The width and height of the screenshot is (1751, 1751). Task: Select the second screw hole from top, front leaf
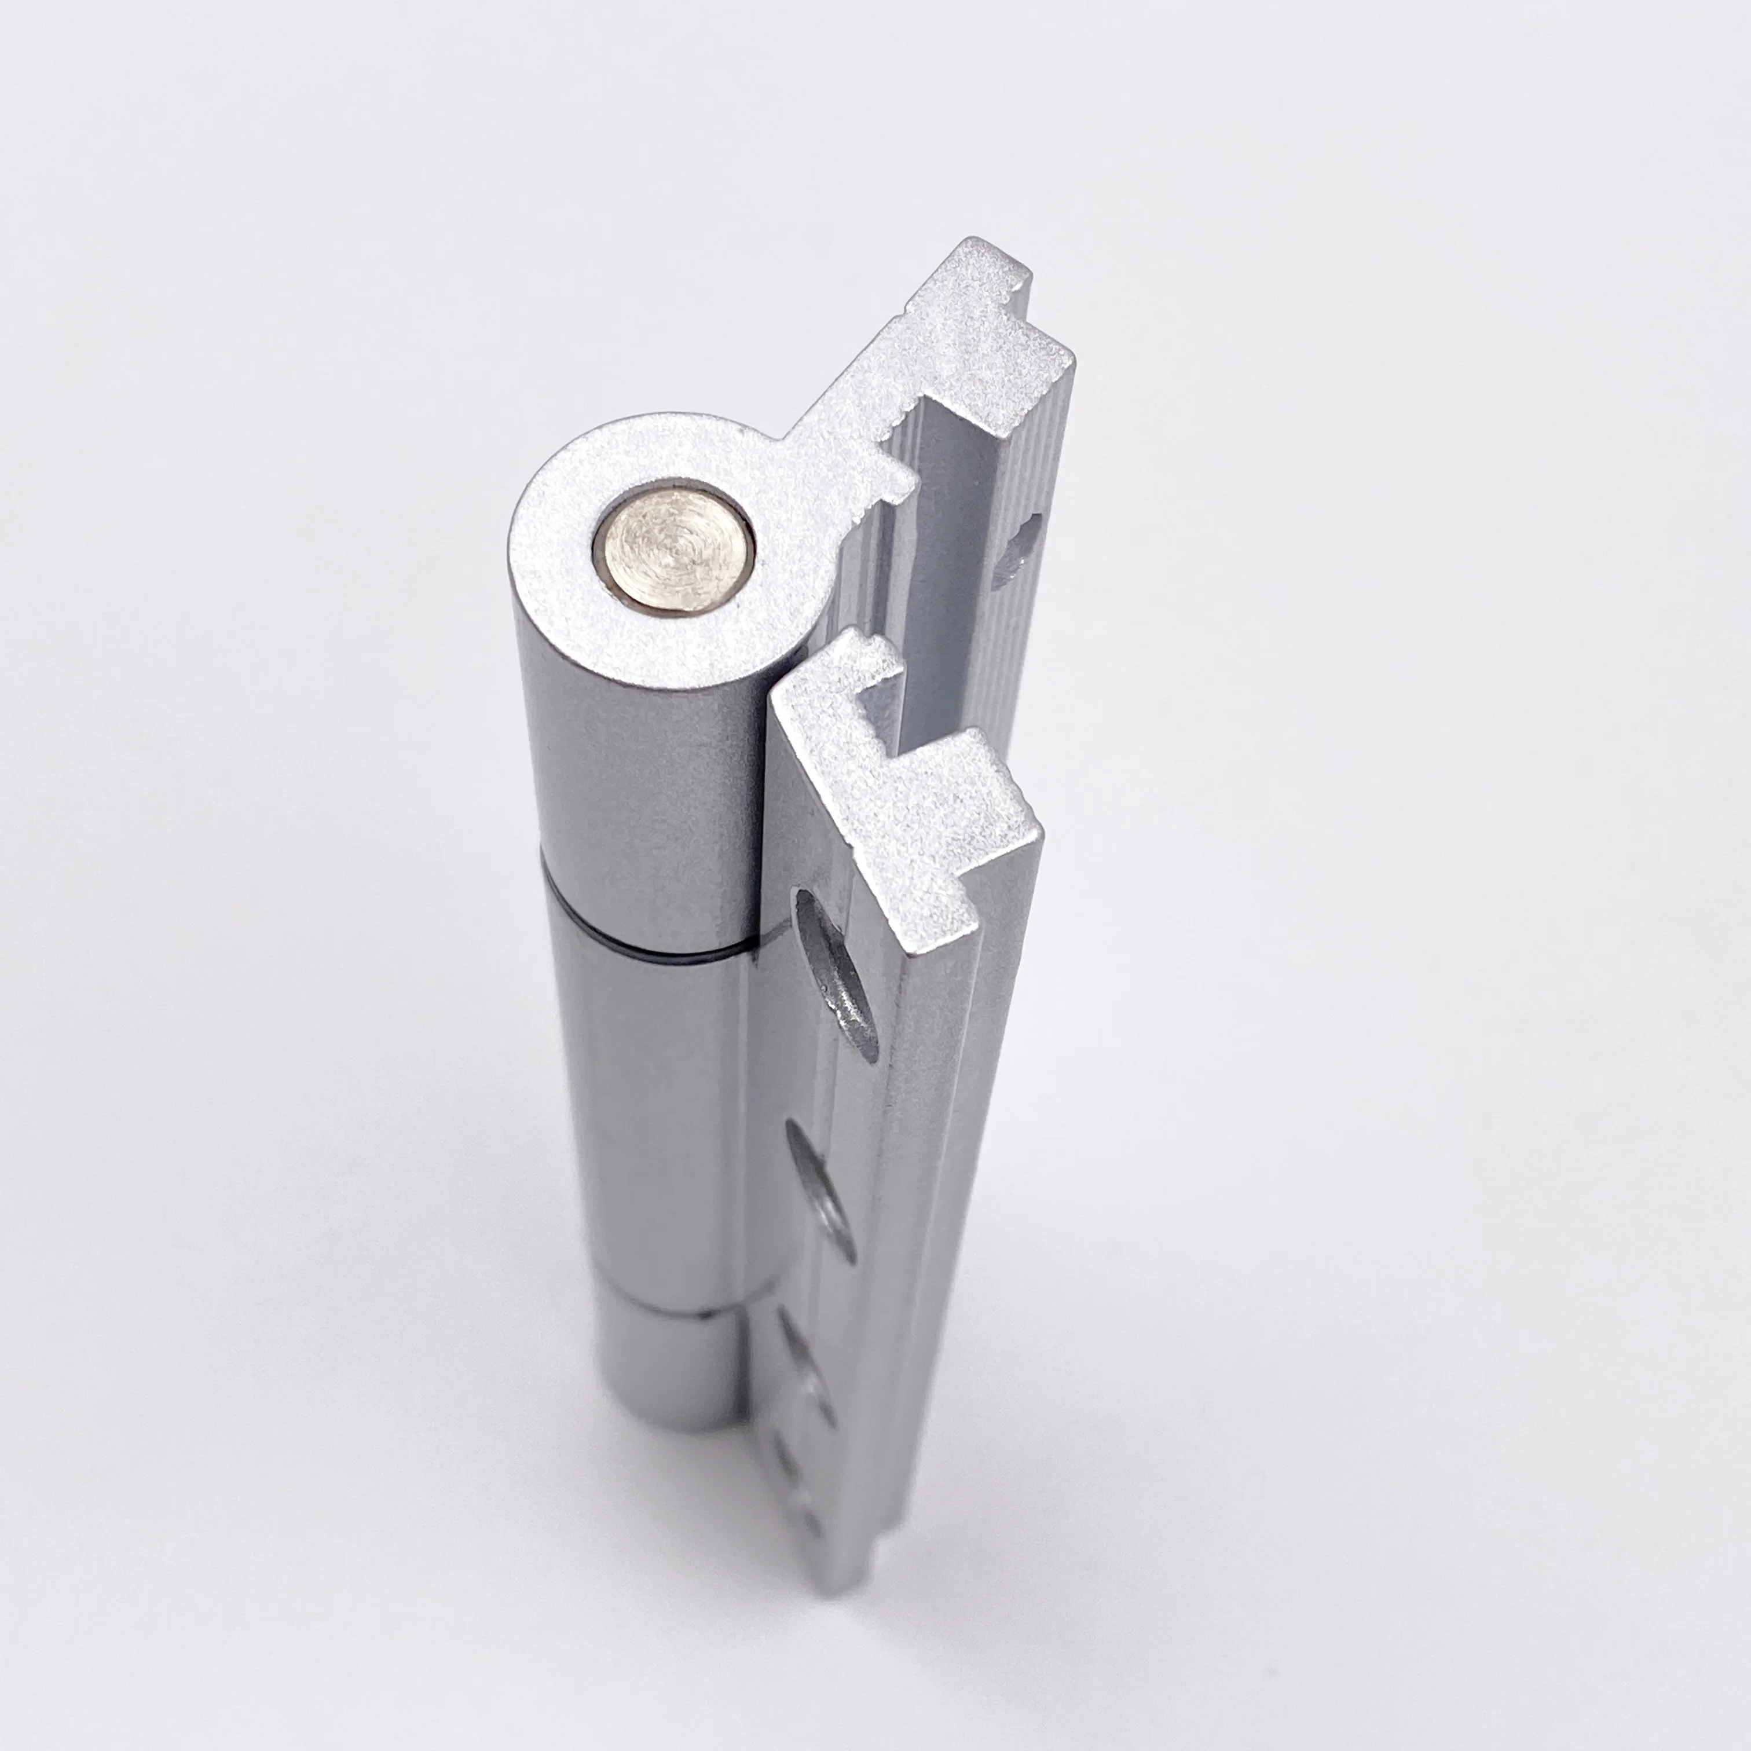[x=821, y=1187]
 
